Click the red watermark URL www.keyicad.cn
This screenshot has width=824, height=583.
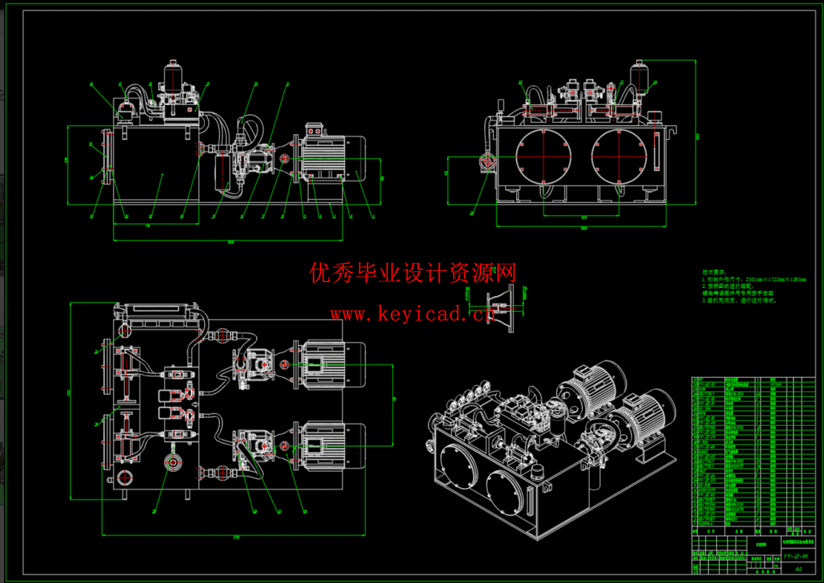point(412,314)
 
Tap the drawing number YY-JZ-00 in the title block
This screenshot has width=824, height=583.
point(795,556)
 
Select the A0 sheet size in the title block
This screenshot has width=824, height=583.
point(798,568)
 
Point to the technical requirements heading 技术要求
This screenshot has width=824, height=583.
point(714,272)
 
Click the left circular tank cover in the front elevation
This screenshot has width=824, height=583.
point(543,156)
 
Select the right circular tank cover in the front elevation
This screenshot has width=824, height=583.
point(619,156)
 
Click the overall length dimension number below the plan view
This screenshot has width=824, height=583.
point(236,537)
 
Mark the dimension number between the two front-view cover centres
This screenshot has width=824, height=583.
point(584,218)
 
